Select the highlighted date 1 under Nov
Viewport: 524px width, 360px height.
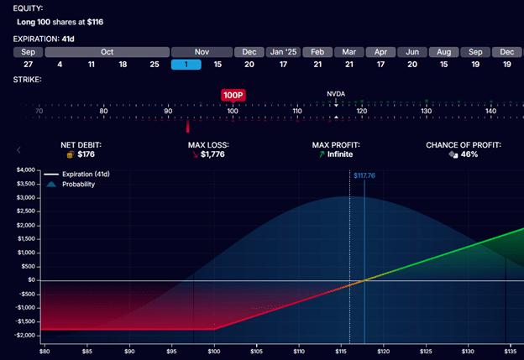coord(185,65)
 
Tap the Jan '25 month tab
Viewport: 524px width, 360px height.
coord(283,51)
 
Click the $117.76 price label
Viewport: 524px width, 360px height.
coord(364,175)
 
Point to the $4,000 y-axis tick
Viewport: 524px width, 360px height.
coord(25,170)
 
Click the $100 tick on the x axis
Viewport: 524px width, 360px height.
coord(214,350)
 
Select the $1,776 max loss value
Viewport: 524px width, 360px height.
coord(213,154)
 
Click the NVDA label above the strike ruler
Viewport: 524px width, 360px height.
coord(336,93)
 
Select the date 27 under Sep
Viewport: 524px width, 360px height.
coord(29,65)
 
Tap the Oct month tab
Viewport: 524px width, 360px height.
coord(107,51)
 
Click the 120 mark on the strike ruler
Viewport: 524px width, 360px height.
coord(361,111)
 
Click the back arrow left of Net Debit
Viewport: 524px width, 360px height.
coord(18,149)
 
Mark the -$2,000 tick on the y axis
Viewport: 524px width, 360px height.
coord(24,335)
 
